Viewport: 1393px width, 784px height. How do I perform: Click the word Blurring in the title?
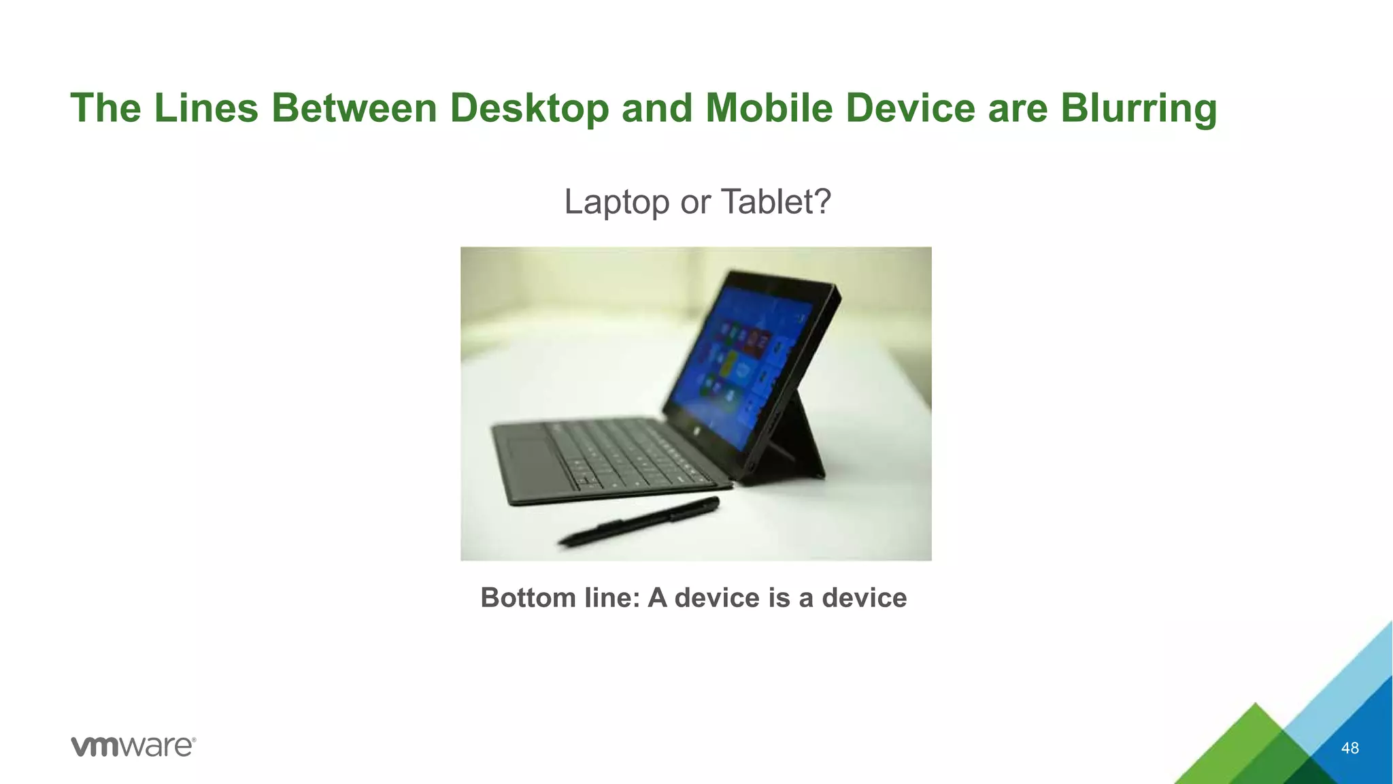tap(1138, 109)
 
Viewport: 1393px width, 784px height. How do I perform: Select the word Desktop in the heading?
tap(528, 109)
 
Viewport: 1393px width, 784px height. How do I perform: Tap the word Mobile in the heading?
tap(769, 109)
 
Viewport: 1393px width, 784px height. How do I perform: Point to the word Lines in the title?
tap(206, 109)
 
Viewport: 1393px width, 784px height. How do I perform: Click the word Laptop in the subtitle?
tap(617, 202)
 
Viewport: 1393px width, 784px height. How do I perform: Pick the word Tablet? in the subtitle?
tap(775, 202)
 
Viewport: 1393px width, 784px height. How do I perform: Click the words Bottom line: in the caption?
tap(560, 598)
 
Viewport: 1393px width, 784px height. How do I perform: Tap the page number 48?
tap(1349, 748)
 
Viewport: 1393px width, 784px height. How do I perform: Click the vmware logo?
tap(133, 746)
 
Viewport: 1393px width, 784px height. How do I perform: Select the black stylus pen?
tap(639, 523)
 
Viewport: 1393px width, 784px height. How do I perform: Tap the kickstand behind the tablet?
tap(803, 442)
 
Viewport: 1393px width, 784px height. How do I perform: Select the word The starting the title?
tap(105, 109)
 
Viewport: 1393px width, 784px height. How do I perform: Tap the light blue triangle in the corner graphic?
tap(1354, 674)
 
